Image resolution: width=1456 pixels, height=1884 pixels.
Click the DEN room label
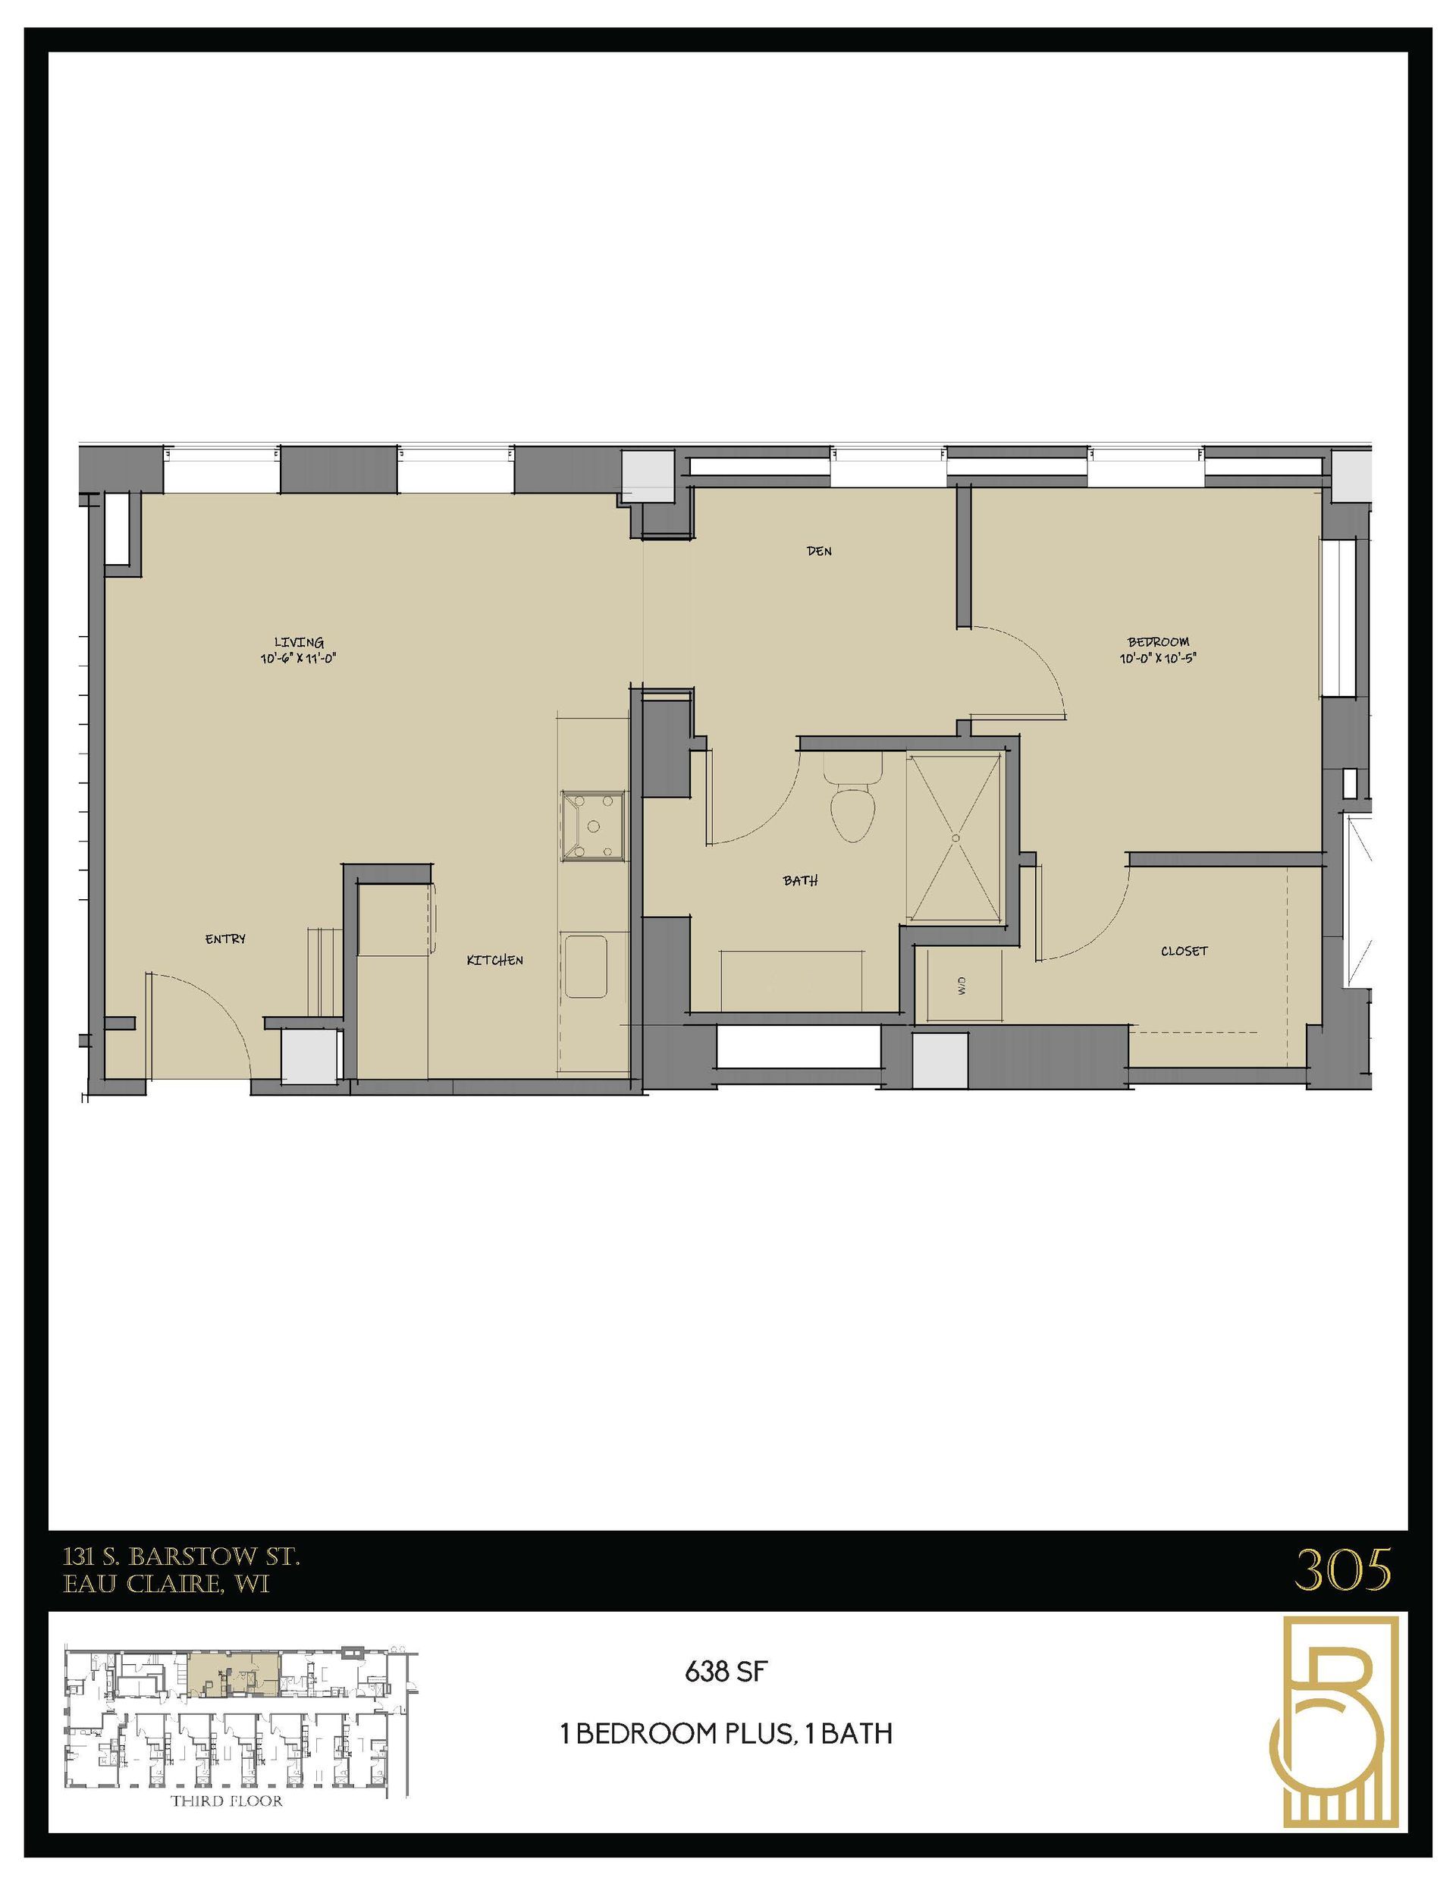819,551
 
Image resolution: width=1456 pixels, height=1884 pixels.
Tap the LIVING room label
299,642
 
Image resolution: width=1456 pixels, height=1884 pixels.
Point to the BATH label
800,881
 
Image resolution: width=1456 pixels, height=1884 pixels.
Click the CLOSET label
1183,951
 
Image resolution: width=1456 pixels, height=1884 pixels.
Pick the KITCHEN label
494,960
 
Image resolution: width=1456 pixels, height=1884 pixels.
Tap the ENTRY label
225,939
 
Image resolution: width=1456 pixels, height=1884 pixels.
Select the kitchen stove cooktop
593,826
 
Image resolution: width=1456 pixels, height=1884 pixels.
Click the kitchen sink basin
587,967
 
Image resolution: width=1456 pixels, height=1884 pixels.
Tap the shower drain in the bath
956,837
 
